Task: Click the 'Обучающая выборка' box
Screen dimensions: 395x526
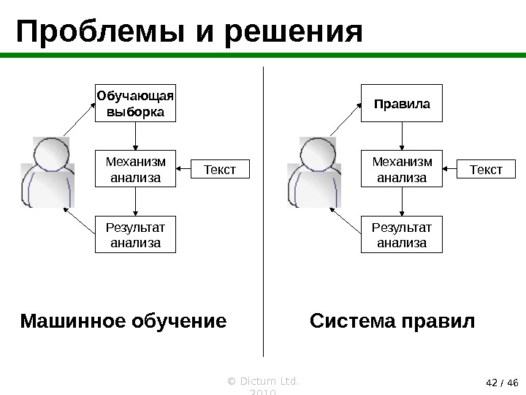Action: [x=136, y=103]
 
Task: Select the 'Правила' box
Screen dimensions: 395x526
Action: [x=403, y=103]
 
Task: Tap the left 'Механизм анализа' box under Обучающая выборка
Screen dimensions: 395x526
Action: [x=136, y=169]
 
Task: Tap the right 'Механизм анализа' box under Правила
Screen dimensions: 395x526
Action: [x=403, y=169]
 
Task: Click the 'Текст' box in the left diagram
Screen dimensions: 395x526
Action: [x=220, y=170]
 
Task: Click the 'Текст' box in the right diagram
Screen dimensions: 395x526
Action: [x=486, y=170]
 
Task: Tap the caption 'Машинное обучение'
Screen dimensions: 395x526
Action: [x=123, y=321]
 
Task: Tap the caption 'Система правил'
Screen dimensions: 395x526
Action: [x=392, y=321]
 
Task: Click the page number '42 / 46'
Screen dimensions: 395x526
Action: [x=501, y=382]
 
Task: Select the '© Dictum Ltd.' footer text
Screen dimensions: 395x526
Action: [x=265, y=381]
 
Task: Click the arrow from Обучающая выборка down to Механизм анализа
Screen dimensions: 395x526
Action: [x=136, y=136]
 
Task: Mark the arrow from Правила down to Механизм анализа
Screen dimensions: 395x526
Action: [x=403, y=136]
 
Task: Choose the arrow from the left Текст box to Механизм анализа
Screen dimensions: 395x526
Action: [x=183, y=170]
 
